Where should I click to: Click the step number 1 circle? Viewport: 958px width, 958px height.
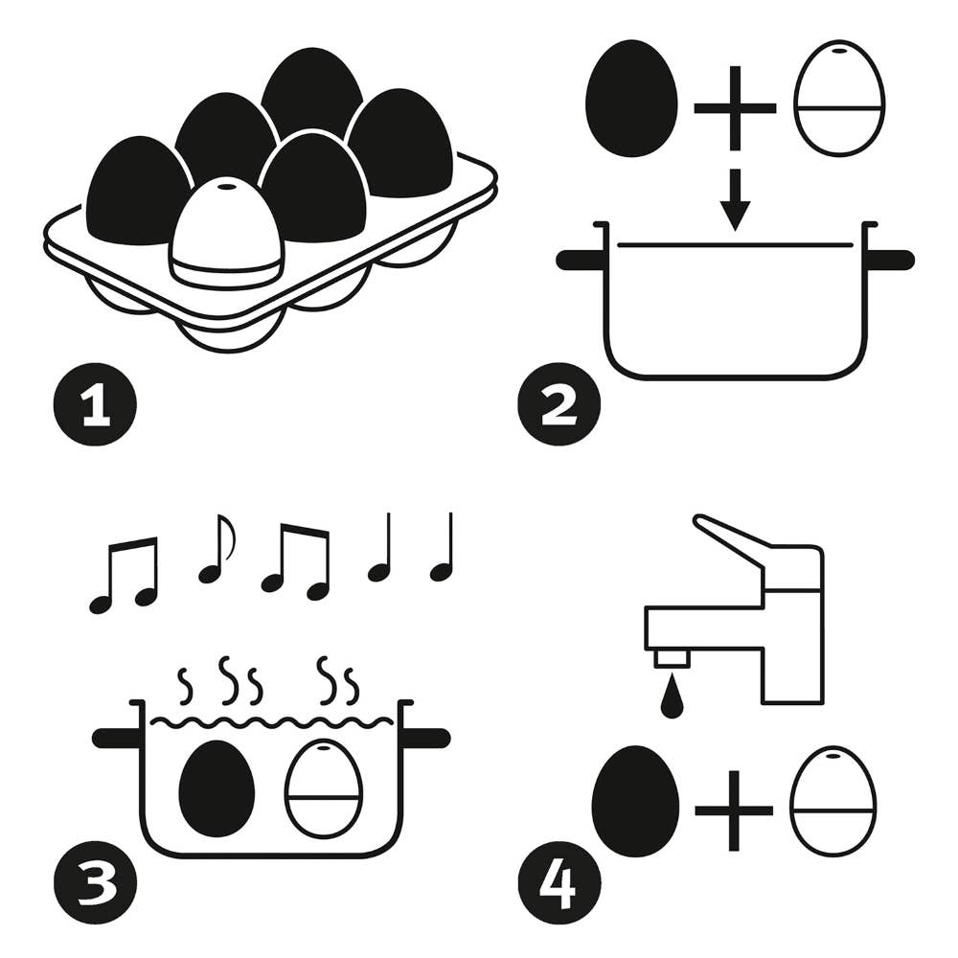pos(95,404)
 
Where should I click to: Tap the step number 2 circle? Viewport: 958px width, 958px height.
pos(559,404)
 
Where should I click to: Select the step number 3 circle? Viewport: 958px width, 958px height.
pos(95,883)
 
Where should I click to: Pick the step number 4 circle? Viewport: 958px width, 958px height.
pos(559,883)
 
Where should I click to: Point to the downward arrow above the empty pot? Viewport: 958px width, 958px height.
pos(735,199)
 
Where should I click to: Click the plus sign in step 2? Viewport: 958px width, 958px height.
pos(735,109)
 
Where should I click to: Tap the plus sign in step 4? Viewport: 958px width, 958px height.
pos(734,810)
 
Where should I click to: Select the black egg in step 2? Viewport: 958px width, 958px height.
pos(631,99)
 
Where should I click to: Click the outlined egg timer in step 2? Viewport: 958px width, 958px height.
pos(839,98)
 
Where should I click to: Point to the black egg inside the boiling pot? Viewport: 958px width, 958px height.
pos(217,788)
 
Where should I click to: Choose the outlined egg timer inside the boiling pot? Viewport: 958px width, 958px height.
pos(323,788)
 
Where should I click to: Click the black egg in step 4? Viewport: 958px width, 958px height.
pos(636,801)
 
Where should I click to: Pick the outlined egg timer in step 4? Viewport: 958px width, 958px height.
pos(833,801)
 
